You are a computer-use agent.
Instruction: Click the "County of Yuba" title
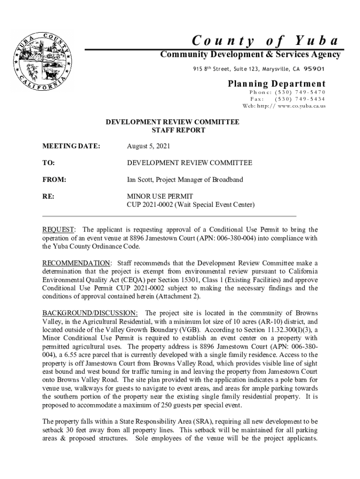click(266, 41)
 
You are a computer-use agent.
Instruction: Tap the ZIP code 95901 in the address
click(314, 69)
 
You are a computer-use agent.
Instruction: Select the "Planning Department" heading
click(277, 84)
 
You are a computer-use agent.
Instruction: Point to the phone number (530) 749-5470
click(300, 92)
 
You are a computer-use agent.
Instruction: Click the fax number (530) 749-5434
click(300, 99)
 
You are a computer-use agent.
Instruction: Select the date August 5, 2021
click(149, 146)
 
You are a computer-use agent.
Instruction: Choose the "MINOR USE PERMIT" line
click(160, 196)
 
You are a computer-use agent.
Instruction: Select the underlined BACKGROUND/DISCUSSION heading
click(90, 313)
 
